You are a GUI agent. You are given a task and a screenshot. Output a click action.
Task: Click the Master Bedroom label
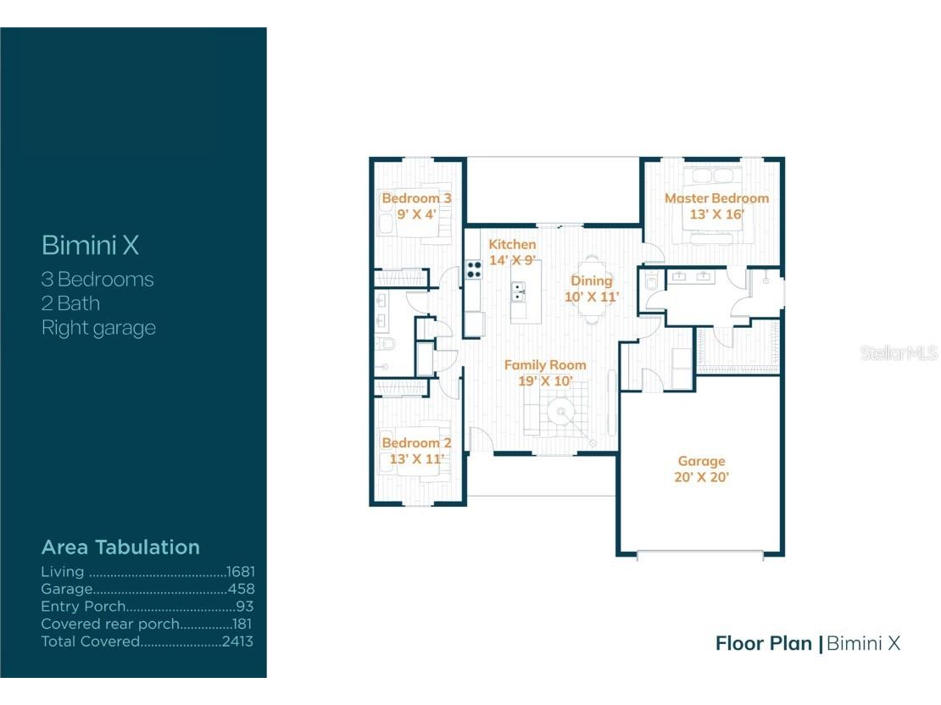pyautogui.click(x=716, y=198)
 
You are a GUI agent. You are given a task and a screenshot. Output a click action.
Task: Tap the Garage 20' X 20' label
pyautogui.click(x=701, y=469)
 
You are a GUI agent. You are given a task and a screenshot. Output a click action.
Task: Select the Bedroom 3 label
pyautogui.click(x=415, y=198)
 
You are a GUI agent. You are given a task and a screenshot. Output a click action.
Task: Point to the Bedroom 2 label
pyautogui.click(x=415, y=443)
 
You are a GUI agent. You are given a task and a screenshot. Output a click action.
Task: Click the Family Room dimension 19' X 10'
pyautogui.click(x=545, y=380)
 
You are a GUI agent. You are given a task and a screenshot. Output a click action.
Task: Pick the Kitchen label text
pyautogui.click(x=512, y=245)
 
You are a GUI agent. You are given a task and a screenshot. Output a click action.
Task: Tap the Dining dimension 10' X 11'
pyautogui.click(x=592, y=297)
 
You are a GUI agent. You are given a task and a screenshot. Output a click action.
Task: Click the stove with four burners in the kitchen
pyautogui.click(x=473, y=269)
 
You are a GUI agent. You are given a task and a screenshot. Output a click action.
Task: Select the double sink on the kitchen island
pyautogui.click(x=519, y=291)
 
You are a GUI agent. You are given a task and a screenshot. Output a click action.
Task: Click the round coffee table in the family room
pyautogui.click(x=560, y=414)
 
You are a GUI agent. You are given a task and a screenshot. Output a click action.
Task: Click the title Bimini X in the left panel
pyautogui.click(x=90, y=246)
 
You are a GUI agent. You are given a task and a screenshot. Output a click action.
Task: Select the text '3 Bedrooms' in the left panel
pyautogui.click(x=97, y=280)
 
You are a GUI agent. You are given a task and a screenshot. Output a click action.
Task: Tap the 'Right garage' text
pyautogui.click(x=98, y=328)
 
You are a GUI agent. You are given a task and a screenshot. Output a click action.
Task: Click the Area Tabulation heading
pyautogui.click(x=120, y=547)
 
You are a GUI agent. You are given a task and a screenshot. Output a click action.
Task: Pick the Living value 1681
pyautogui.click(x=240, y=573)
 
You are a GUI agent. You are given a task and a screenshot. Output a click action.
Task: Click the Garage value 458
pyautogui.click(x=242, y=590)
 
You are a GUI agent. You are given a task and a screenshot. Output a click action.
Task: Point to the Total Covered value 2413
pyautogui.click(x=237, y=641)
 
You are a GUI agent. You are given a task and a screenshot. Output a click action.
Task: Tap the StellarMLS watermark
pyautogui.click(x=899, y=353)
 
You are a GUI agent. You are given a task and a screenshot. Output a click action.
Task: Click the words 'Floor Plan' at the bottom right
pyautogui.click(x=763, y=643)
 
